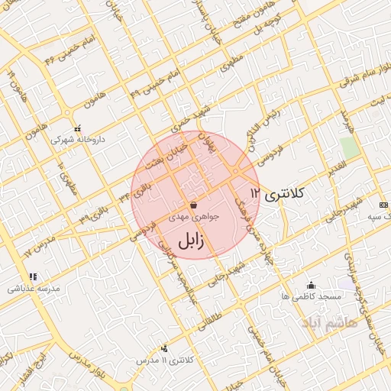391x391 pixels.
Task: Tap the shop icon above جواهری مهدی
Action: coord(193,205)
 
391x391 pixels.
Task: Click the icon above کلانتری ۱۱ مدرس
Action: coord(165,348)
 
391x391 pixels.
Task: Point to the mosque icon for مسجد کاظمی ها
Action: coord(309,285)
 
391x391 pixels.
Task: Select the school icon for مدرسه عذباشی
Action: coord(33,276)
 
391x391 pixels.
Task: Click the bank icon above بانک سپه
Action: coord(382,205)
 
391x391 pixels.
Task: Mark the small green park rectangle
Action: coord(349,147)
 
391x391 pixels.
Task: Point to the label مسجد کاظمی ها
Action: coord(305,296)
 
